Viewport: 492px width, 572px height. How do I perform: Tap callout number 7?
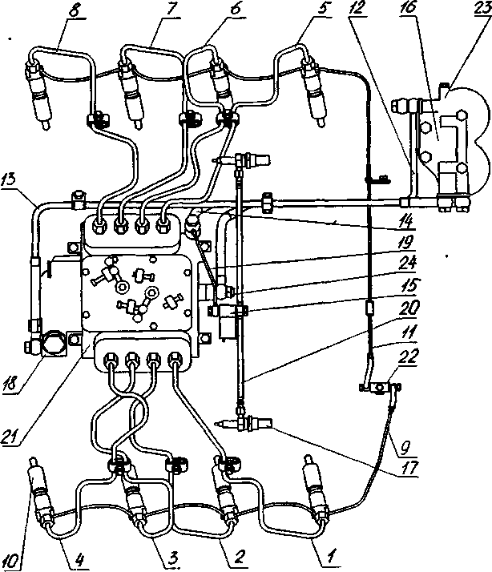pyautogui.click(x=170, y=9)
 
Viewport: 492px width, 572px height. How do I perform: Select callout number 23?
pyautogui.click(x=482, y=9)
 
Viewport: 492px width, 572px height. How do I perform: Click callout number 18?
pyautogui.click(x=11, y=384)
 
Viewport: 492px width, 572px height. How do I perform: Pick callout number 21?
pyautogui.click(x=11, y=435)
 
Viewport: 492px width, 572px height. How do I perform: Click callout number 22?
pyautogui.click(x=409, y=356)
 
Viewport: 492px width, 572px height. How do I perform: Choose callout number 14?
pyautogui.click(x=406, y=221)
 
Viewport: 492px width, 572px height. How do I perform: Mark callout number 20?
pyautogui.click(x=409, y=308)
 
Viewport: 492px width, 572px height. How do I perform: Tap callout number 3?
pyautogui.click(x=172, y=558)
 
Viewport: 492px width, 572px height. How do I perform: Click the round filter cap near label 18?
pyautogui.click(x=54, y=343)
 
